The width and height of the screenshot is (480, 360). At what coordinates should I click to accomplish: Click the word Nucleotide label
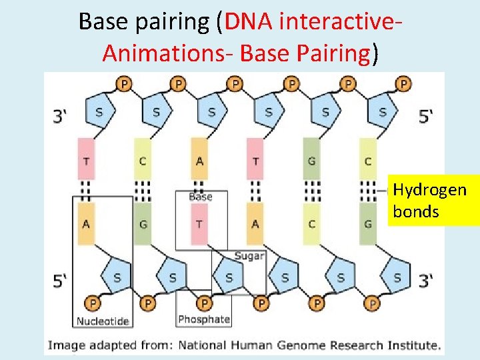[103, 321]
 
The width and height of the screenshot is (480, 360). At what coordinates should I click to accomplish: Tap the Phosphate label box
[204, 319]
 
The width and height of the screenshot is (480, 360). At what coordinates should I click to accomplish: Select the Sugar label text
[249, 256]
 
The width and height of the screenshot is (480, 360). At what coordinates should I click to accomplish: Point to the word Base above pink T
[201, 197]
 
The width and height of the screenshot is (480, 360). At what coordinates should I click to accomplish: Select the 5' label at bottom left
[61, 279]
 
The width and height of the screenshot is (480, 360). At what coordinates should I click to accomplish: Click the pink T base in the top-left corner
[85, 159]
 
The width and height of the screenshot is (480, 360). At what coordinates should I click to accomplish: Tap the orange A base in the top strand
[199, 159]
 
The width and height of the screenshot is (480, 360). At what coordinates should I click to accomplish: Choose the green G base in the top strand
[311, 159]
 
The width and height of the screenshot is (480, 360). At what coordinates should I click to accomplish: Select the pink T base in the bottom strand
[199, 224]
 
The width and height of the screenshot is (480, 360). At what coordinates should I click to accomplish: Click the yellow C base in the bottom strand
[311, 224]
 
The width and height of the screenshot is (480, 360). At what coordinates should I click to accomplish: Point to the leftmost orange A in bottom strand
[85, 224]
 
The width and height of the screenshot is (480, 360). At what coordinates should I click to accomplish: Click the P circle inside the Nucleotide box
[93, 303]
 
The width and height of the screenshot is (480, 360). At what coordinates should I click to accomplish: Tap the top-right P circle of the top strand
[403, 84]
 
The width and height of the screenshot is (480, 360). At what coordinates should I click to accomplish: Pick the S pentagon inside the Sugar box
[229, 276]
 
